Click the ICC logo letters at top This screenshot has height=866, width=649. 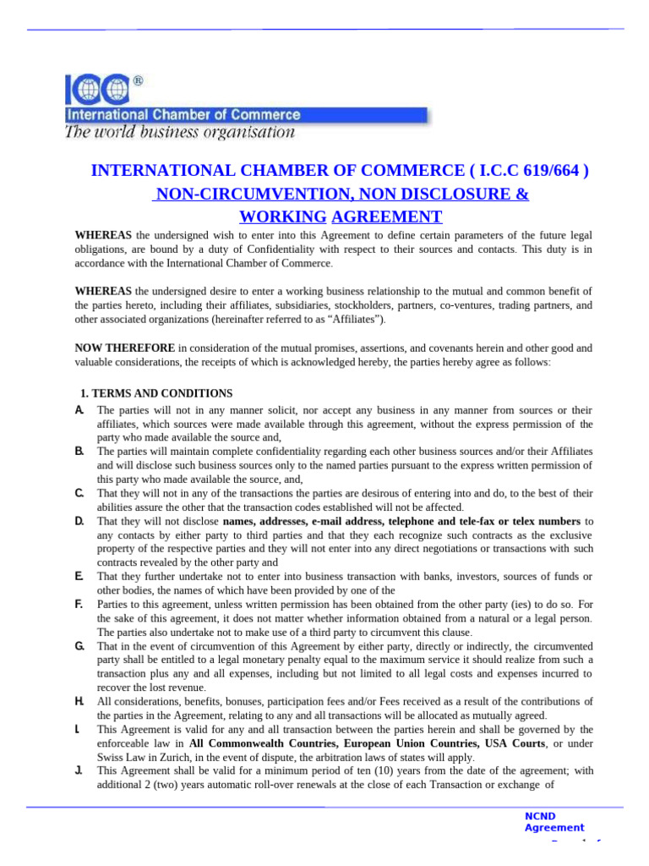pyautogui.click(x=98, y=90)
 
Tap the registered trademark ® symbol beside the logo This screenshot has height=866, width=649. pyautogui.click(x=138, y=81)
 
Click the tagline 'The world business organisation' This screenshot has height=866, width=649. pyautogui.click(x=180, y=132)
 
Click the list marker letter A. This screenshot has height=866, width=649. pyautogui.click(x=79, y=409)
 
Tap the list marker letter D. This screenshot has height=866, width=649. pyautogui.click(x=79, y=521)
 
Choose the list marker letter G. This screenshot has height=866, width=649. pyautogui.click(x=79, y=646)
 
